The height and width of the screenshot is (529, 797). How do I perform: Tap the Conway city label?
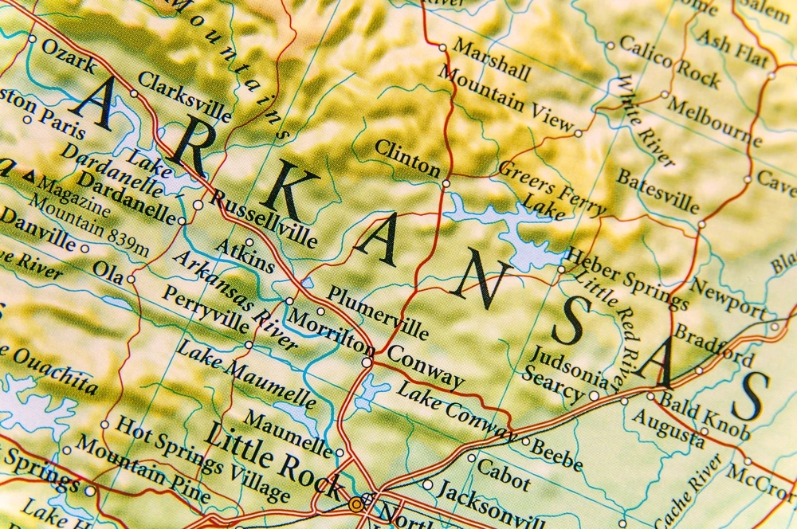click(x=426, y=367)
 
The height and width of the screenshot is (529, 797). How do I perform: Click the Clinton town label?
click(x=406, y=158)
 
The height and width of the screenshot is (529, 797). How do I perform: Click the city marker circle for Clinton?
click(x=446, y=183)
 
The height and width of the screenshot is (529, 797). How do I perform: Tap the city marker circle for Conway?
click(x=367, y=362)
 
